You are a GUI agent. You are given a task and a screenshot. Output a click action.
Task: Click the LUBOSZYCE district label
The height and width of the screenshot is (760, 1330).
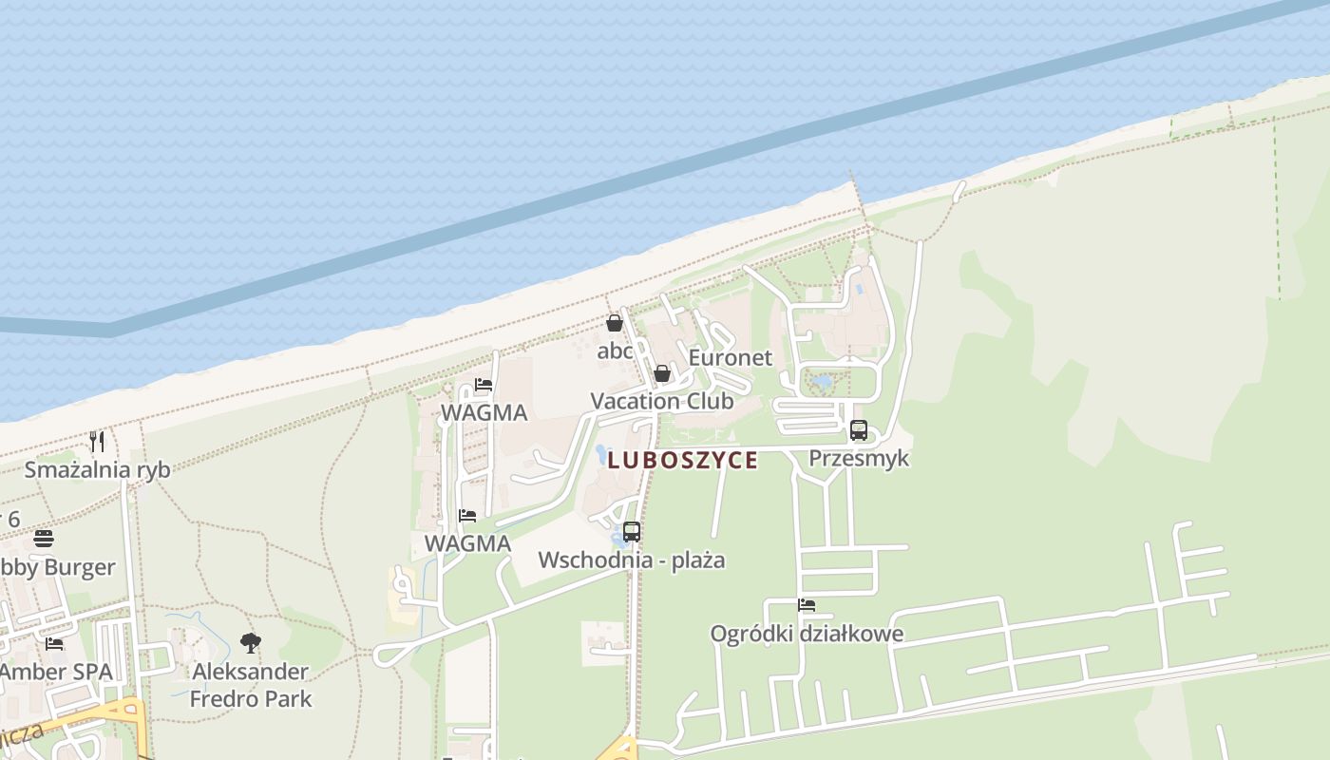682,461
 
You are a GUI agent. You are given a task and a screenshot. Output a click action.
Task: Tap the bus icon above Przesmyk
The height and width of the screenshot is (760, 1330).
859,429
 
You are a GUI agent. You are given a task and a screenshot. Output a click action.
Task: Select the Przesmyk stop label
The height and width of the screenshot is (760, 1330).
859,458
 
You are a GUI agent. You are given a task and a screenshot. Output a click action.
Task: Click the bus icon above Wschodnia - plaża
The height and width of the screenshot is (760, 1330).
632,532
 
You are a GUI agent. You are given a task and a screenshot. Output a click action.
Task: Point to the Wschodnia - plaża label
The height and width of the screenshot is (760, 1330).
632,560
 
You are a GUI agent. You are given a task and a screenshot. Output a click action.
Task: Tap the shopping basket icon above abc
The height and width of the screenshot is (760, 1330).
615,323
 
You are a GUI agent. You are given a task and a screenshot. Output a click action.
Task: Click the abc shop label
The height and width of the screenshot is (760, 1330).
615,351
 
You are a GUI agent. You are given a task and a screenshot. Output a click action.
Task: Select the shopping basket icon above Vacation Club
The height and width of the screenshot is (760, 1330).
662,373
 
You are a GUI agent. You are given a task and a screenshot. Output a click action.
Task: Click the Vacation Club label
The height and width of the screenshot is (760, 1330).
662,401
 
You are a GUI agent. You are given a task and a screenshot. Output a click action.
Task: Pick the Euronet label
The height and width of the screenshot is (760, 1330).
731,357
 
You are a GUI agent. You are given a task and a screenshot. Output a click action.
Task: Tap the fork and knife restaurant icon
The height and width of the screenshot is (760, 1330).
97,441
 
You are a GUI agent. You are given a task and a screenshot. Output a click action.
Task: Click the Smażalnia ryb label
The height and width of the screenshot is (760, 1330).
97,469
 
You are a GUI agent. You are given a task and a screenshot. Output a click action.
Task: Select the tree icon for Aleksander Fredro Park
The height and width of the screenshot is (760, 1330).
251,643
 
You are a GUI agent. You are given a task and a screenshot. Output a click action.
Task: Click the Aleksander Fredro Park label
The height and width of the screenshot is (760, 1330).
251,685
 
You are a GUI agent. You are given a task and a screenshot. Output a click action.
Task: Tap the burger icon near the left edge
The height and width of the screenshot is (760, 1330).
44,539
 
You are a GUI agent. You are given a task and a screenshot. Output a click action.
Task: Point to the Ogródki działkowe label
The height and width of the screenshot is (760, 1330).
807,634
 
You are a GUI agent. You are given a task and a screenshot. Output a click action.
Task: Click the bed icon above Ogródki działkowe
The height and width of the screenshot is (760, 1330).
807,605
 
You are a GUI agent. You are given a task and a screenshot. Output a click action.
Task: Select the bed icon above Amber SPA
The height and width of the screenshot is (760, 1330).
54,643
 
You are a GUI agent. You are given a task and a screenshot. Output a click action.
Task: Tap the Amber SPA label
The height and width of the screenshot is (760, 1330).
56,672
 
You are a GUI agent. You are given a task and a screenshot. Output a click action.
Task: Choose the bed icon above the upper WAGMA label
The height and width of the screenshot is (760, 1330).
484,385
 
